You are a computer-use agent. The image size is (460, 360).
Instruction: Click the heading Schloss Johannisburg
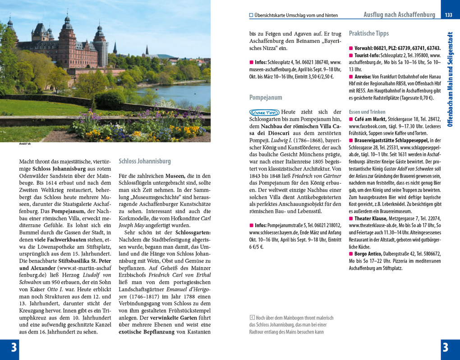click(x=144, y=161)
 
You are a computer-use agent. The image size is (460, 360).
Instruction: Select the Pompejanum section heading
click(x=266, y=97)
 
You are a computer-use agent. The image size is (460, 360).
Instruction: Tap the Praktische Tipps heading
click(x=368, y=33)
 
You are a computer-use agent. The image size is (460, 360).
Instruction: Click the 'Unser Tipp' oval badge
click(x=264, y=112)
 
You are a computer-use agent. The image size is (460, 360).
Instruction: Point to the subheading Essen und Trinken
click(x=368, y=112)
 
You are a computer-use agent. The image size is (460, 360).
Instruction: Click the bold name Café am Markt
click(x=370, y=119)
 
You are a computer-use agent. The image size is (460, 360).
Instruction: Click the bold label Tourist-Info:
click(x=367, y=55)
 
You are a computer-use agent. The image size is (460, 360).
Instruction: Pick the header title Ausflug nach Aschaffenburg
click(x=399, y=15)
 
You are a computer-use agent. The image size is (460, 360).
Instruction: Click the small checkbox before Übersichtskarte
click(x=251, y=15)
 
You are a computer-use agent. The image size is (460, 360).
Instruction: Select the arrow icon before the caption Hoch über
click(x=252, y=318)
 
